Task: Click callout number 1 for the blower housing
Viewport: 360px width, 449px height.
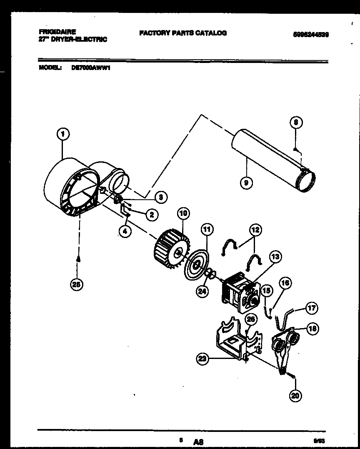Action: tap(62, 134)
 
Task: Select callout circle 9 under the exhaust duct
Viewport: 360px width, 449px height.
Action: tap(247, 182)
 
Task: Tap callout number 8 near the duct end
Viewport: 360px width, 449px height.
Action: tap(295, 123)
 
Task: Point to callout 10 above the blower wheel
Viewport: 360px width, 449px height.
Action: tap(183, 214)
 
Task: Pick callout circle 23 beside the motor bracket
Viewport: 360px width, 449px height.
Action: tap(203, 359)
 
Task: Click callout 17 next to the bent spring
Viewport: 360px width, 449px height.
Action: tap(311, 309)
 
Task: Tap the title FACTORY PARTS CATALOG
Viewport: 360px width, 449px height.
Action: tap(183, 33)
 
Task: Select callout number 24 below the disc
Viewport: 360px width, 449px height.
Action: tap(202, 292)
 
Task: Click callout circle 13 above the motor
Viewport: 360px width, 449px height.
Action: tap(275, 257)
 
